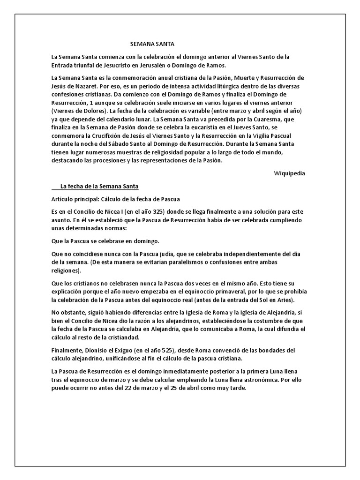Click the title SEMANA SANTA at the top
[152, 44]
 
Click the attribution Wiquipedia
[289, 173]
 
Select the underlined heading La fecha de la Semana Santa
[99, 186]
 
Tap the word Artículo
[64, 199]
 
